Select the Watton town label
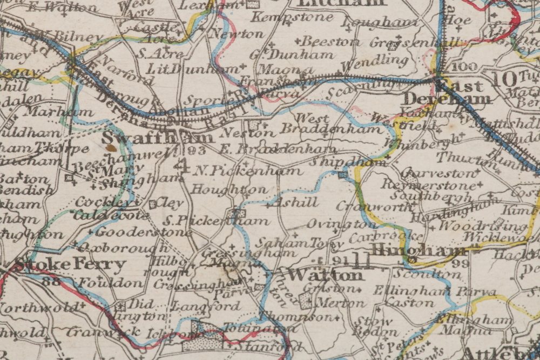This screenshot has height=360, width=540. click(325, 275)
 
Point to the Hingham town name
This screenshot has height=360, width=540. click(418, 250)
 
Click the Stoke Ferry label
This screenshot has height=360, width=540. click(70, 265)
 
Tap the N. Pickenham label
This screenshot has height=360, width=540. click(247, 171)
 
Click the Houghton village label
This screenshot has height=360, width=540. click(229, 190)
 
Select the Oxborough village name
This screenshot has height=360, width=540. click(122, 248)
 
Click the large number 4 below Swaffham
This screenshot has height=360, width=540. click(184, 166)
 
